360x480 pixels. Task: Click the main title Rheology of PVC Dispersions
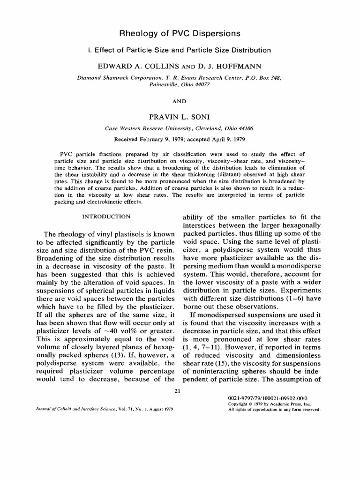180,33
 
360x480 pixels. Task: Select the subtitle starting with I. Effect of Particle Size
180,50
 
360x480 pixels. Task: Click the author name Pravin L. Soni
180,115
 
